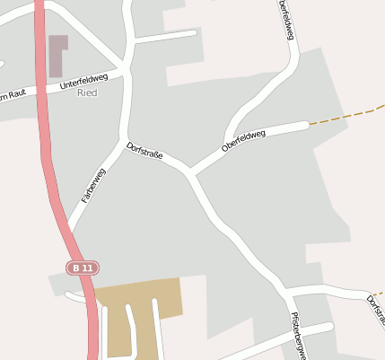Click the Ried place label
coord(87,92)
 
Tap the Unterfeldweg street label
coord(83,82)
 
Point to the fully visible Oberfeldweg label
coord(243,141)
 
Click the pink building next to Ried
coord(58,54)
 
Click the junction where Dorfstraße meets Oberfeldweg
coord(189,171)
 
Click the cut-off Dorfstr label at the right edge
coord(375,310)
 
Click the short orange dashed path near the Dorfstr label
coord(379,293)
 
